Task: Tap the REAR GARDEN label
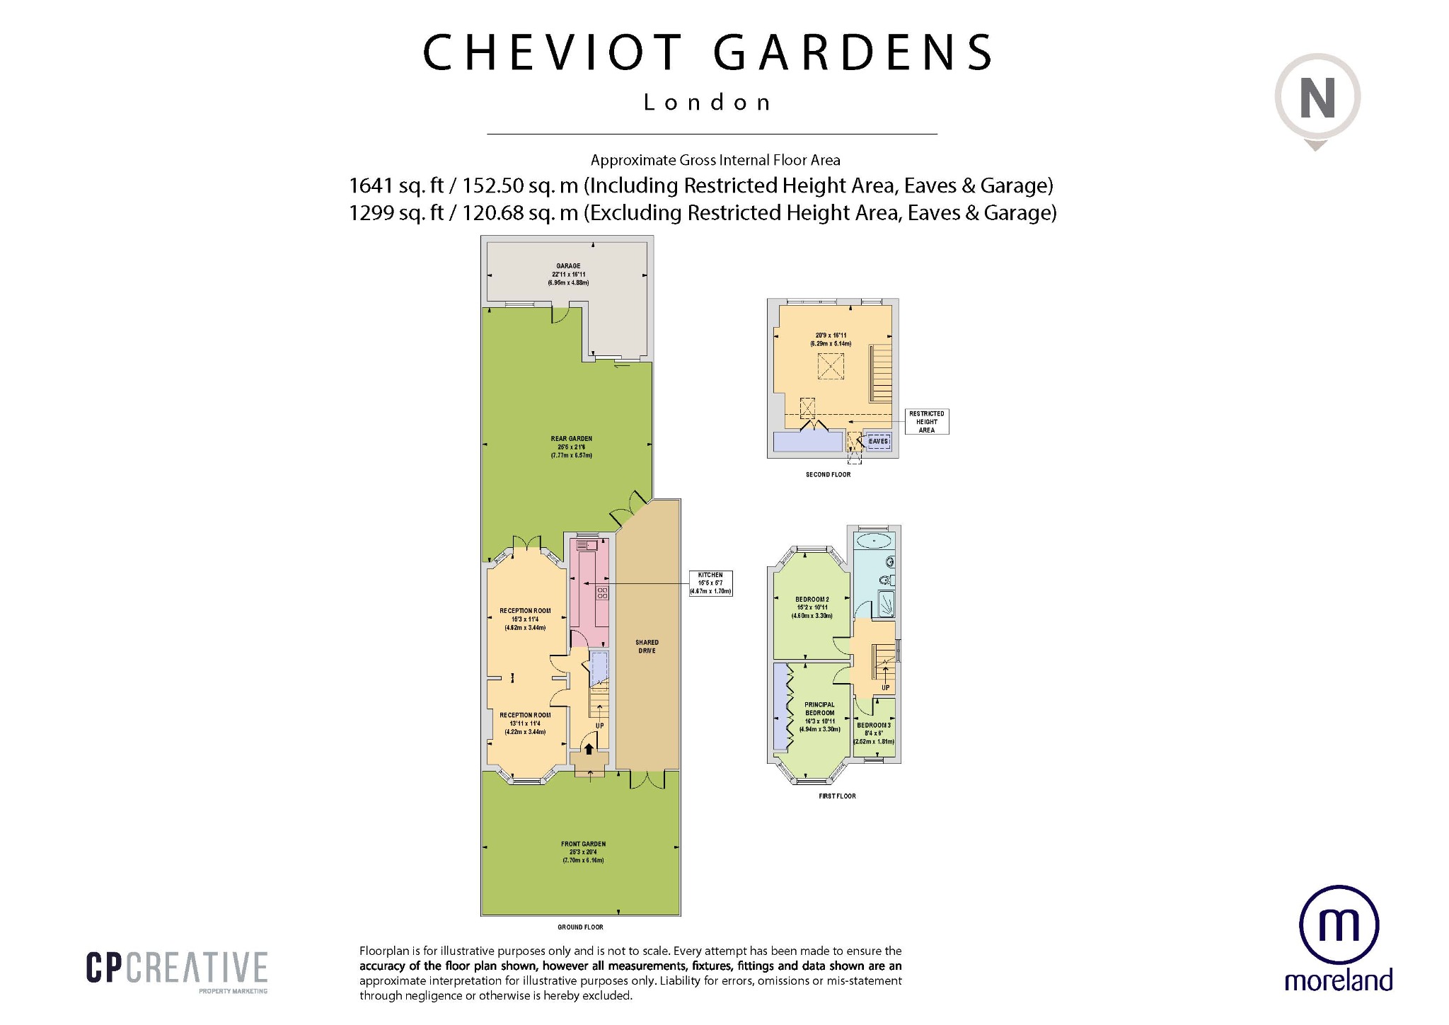[x=571, y=439]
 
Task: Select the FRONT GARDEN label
[x=583, y=844]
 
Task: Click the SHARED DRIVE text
[x=647, y=646]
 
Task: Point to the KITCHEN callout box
[x=710, y=583]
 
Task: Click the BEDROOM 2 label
[x=812, y=600]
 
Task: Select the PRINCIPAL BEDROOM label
[x=819, y=709]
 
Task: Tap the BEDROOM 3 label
[x=873, y=726]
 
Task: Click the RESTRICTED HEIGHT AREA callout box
[x=926, y=422]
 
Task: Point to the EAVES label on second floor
[x=878, y=441]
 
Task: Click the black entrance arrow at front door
[x=589, y=749]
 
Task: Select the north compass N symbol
[x=1317, y=99]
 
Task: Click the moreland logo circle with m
[x=1339, y=925]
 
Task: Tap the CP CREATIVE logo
[x=177, y=968]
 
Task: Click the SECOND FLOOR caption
[x=828, y=474]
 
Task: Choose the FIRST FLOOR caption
[x=837, y=796]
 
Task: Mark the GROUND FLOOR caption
[x=580, y=927]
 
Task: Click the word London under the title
[x=707, y=103]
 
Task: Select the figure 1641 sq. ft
[x=396, y=185]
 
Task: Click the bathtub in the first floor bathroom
[x=875, y=542]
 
